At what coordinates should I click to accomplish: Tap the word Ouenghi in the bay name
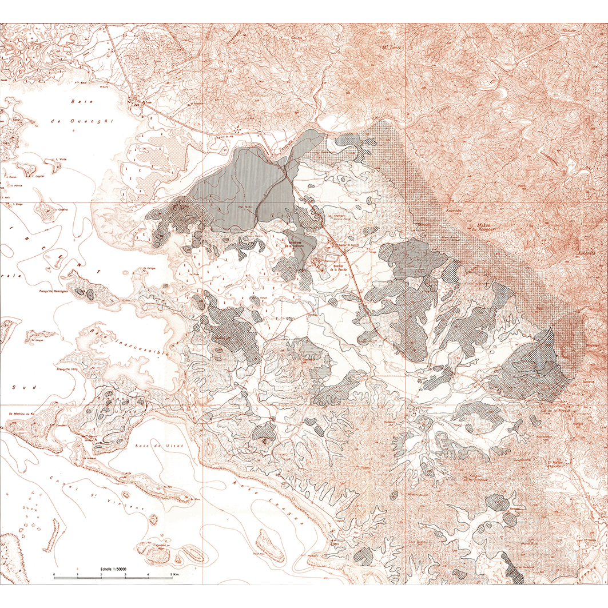(x=77, y=121)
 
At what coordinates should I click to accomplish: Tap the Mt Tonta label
(x=392, y=48)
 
